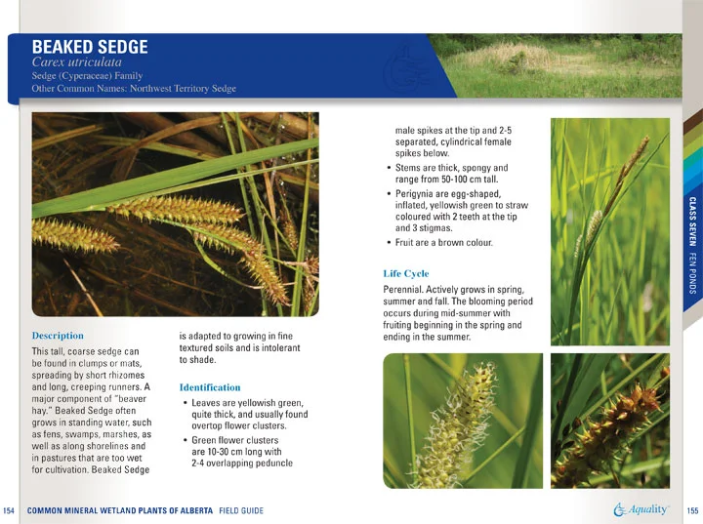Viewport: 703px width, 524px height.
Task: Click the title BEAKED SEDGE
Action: (90, 47)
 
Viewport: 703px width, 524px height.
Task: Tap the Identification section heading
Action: (210, 387)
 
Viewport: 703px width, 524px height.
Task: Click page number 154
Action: (10, 510)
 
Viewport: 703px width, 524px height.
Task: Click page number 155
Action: (692, 510)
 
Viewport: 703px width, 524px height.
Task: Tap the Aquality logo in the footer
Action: (641, 509)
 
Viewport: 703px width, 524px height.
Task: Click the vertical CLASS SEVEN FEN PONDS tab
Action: (691, 239)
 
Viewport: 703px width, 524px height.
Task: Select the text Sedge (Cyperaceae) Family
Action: (87, 76)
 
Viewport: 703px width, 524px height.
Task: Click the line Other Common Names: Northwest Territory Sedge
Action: (134, 89)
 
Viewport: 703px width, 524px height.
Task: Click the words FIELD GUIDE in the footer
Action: (240, 510)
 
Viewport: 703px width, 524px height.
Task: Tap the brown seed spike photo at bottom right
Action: (609, 420)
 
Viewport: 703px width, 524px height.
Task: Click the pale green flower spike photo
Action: (462, 420)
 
